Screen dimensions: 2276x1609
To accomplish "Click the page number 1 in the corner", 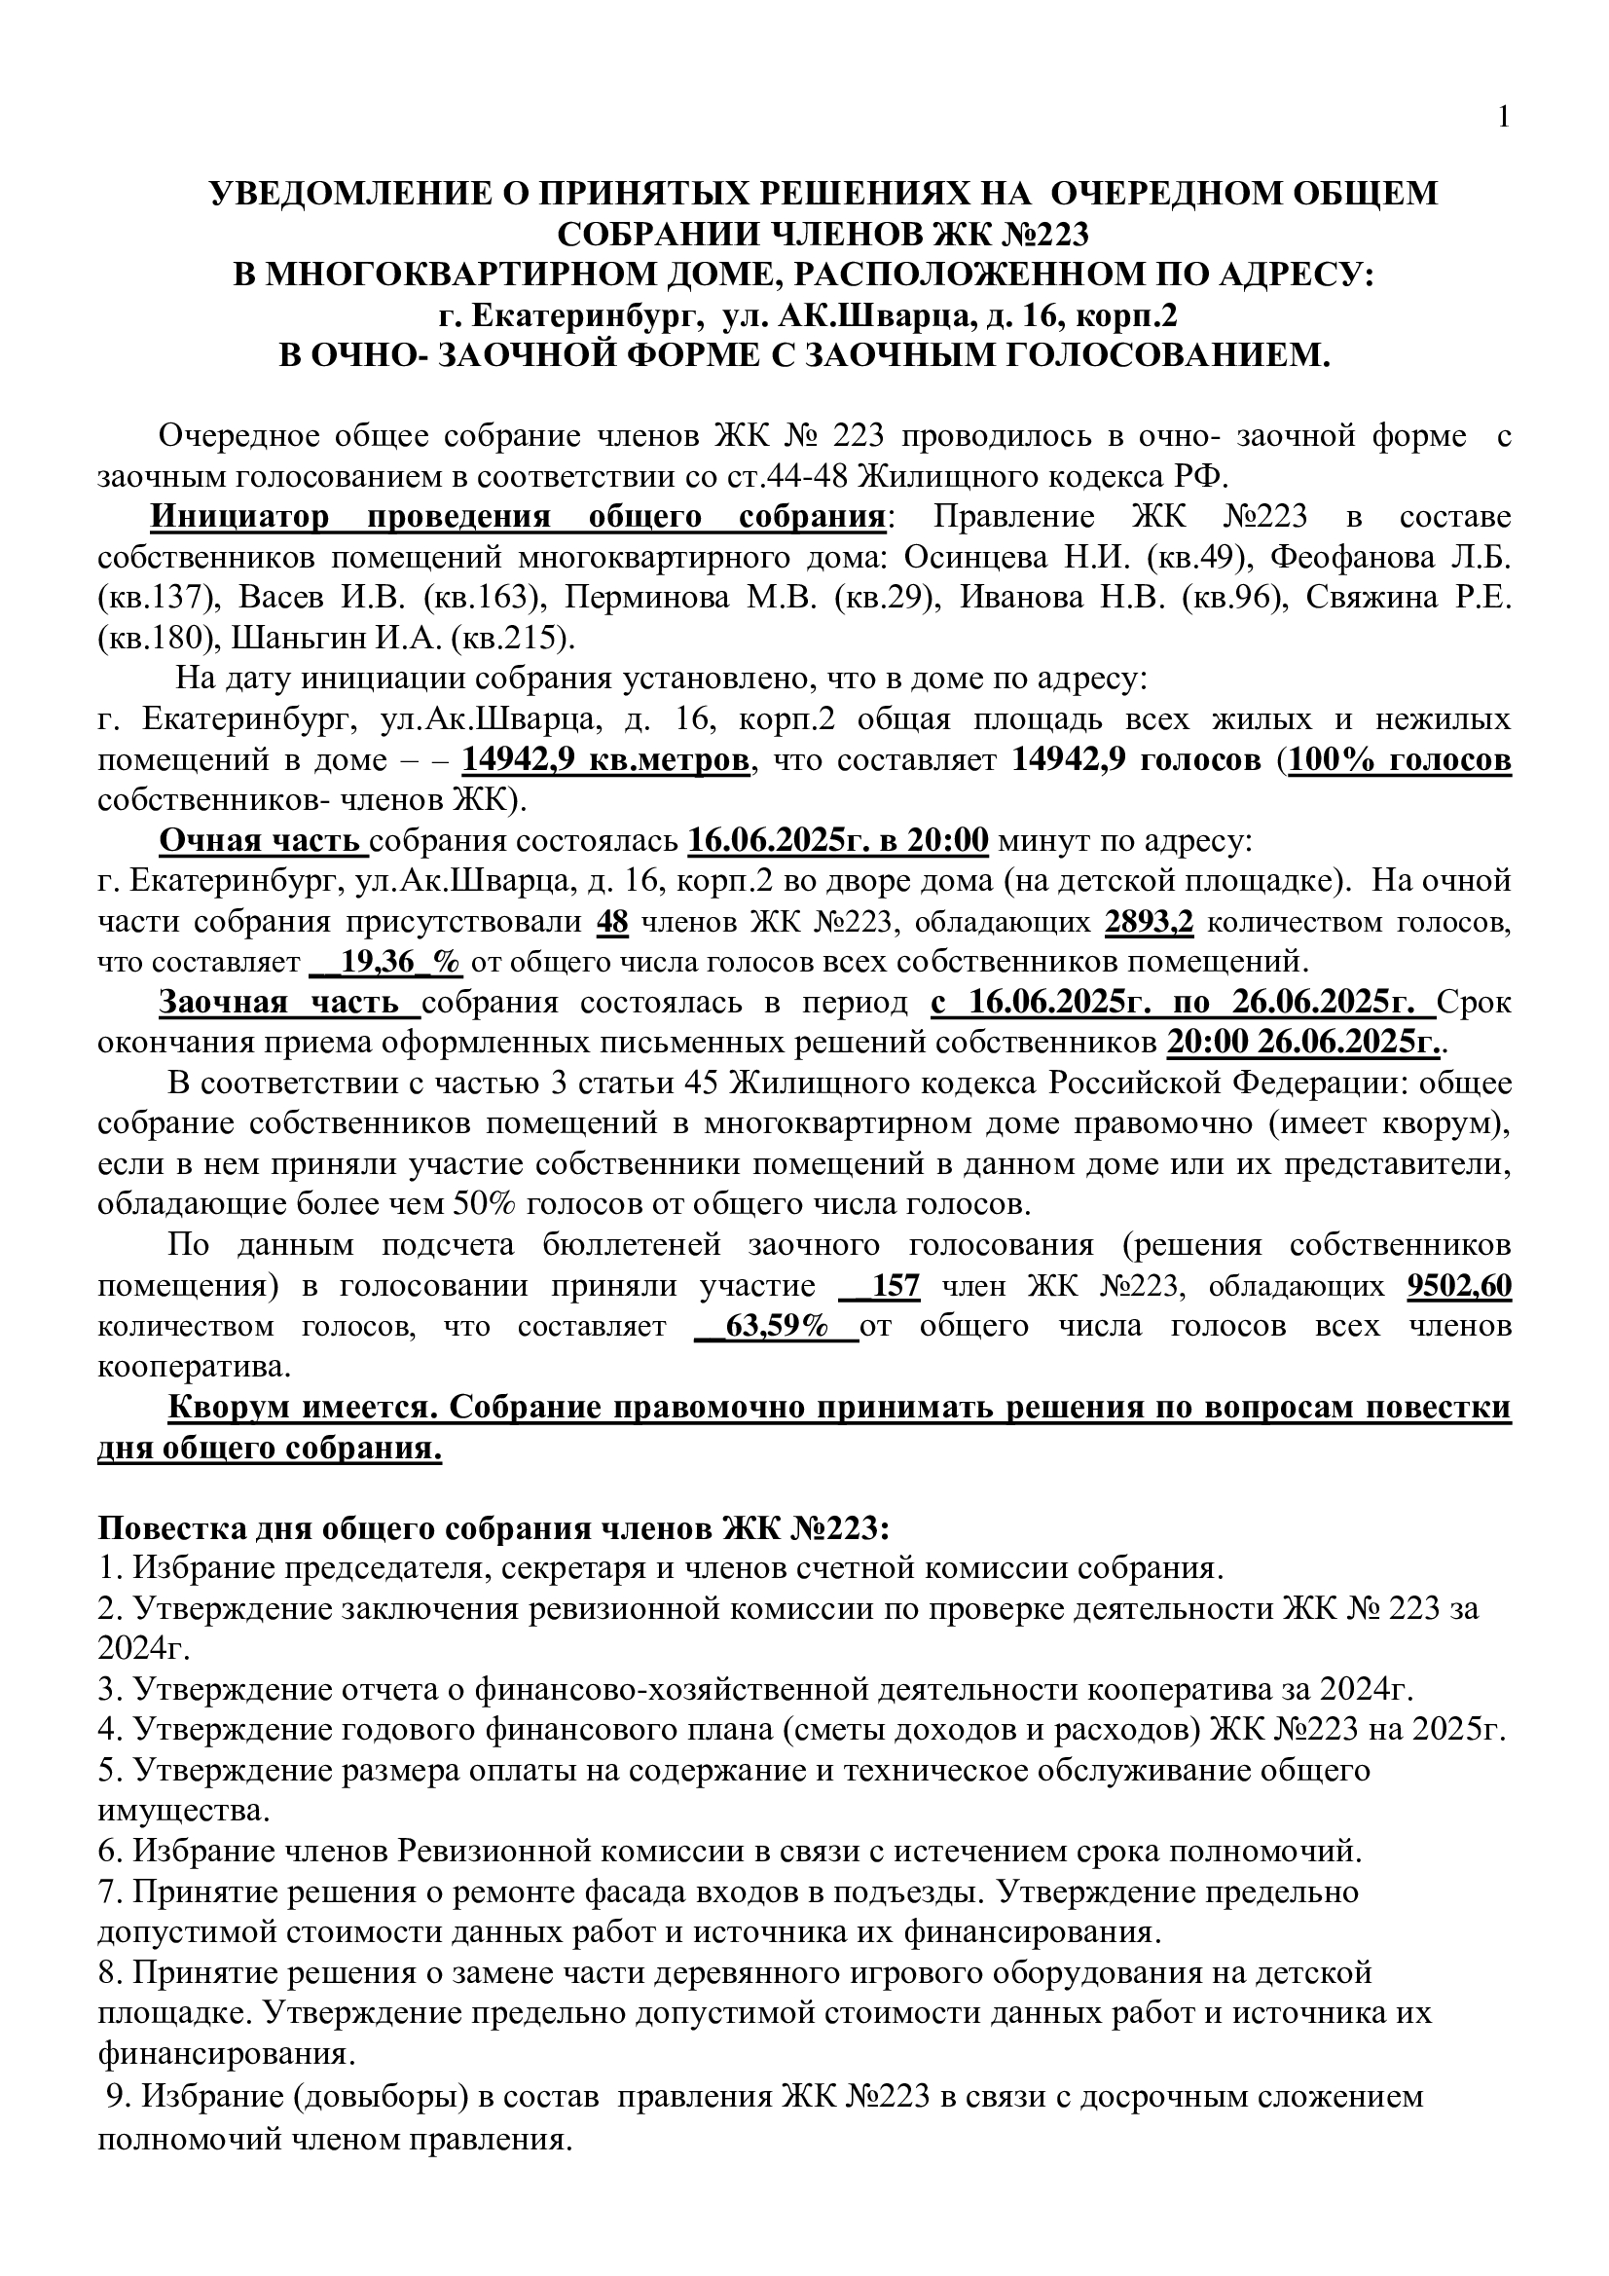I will pyautogui.click(x=1504, y=118).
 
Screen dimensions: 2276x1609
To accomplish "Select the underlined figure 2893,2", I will pyautogui.click(x=1149, y=922).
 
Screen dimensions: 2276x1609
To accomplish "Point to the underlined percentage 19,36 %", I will pyautogui.click(x=392, y=963).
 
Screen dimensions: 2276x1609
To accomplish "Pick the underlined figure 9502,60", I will pyautogui.click(x=1459, y=1287).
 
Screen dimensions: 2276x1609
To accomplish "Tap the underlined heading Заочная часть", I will pyautogui.click(x=289, y=1004).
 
